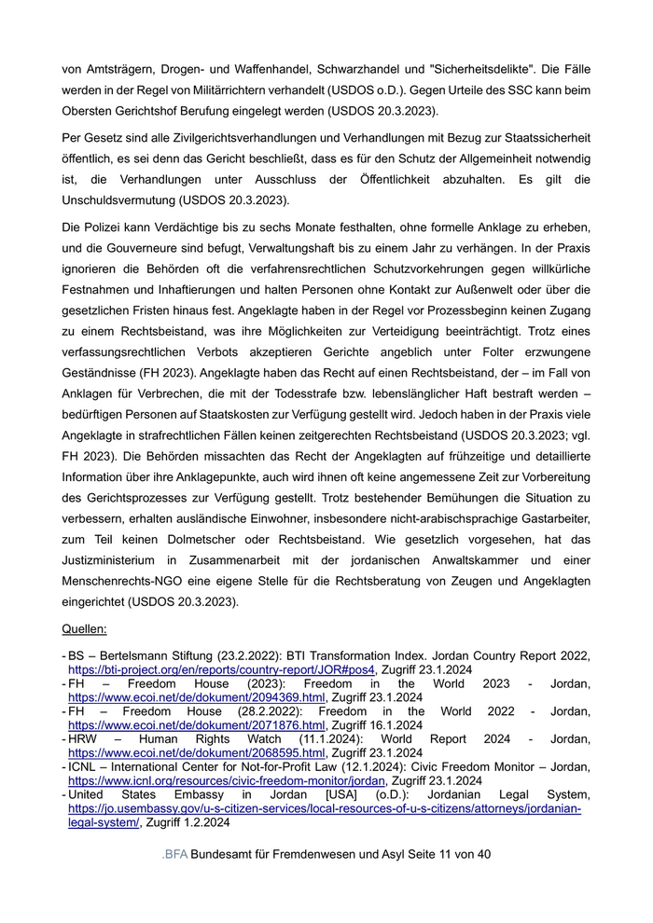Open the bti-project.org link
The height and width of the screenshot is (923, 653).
point(222,669)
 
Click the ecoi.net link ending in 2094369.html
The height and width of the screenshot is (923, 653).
point(197,696)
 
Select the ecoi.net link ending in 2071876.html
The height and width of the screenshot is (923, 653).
point(197,724)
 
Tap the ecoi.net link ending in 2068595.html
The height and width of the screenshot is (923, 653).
point(197,752)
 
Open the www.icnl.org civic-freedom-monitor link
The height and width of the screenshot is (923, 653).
point(215,780)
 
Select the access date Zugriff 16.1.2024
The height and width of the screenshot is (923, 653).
point(376,724)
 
